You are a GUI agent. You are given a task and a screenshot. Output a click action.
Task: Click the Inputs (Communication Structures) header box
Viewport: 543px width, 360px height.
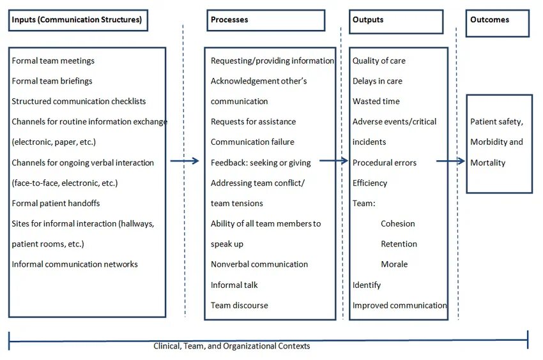point(78,20)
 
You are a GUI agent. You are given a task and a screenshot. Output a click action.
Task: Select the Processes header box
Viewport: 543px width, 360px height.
point(266,20)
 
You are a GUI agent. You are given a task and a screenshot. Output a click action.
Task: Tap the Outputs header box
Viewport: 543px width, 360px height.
point(395,21)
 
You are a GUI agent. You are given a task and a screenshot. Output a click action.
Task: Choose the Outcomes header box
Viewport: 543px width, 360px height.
point(497,23)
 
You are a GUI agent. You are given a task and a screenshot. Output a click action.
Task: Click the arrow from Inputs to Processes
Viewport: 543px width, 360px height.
point(185,161)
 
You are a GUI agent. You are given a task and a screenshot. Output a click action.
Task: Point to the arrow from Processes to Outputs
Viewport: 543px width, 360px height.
point(334,161)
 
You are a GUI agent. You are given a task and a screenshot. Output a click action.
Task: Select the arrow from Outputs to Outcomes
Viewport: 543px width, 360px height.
point(451,161)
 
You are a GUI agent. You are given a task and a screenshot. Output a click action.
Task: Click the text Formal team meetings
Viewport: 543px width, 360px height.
point(53,61)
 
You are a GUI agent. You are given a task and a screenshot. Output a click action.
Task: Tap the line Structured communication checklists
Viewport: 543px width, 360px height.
point(79,101)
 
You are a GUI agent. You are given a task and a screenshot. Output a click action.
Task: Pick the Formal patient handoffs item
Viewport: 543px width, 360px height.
point(56,203)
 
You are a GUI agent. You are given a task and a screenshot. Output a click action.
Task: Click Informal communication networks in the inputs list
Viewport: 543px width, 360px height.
point(75,264)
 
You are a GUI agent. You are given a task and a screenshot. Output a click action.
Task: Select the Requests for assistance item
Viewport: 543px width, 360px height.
point(253,122)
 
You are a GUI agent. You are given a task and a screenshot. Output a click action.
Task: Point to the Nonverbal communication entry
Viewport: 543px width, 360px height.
point(259,264)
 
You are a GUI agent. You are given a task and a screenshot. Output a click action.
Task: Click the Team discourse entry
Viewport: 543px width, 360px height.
point(240,305)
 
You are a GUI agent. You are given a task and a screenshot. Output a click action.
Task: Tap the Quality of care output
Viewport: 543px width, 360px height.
point(379,61)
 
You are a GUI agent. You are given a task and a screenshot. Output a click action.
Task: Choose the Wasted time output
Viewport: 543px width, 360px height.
point(376,101)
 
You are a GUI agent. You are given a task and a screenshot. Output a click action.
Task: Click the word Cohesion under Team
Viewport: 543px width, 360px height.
point(398,223)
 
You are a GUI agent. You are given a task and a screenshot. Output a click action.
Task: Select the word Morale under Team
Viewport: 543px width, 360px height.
point(394,264)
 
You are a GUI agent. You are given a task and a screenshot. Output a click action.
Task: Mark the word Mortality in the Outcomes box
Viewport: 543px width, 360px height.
point(487,163)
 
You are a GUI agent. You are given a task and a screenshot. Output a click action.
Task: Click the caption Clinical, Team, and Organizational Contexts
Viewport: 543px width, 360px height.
point(232,346)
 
